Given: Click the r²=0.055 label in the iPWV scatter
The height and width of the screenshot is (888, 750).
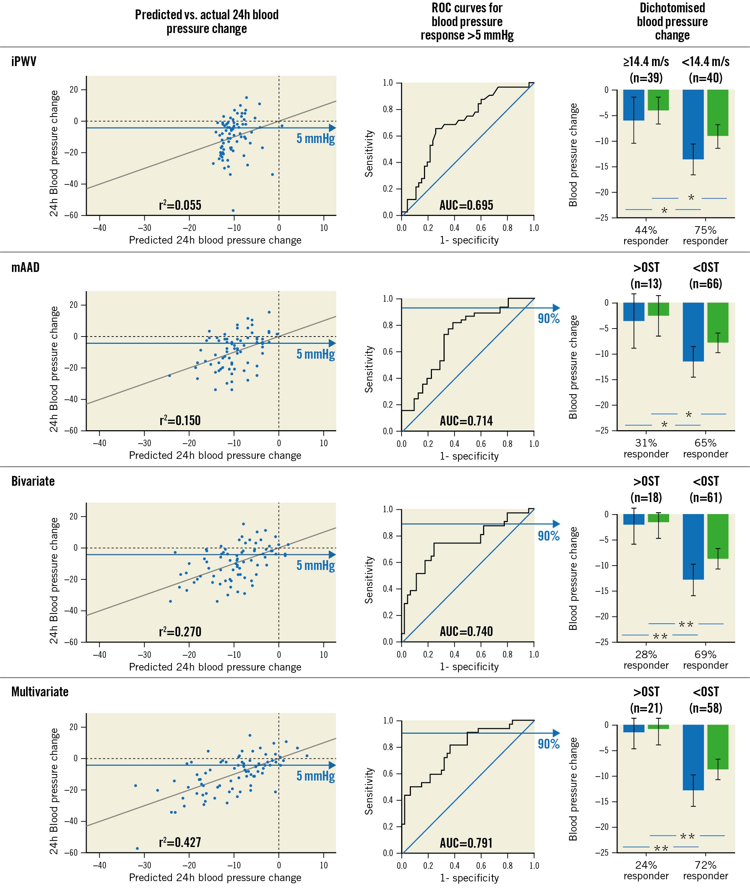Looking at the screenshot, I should [x=180, y=205].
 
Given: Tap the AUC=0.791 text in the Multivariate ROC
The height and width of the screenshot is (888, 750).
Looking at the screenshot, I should [x=466, y=843].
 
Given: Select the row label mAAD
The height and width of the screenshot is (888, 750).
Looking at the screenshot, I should [x=25, y=267].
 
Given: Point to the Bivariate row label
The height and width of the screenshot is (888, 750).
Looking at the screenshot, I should [x=33, y=481].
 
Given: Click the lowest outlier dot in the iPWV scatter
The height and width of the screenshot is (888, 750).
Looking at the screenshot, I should [x=233, y=211].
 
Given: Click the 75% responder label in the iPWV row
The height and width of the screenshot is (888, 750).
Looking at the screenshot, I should [x=705, y=235].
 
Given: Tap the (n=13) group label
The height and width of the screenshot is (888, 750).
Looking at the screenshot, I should [x=646, y=284].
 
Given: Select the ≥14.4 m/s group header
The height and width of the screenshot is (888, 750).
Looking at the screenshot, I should [x=646, y=62].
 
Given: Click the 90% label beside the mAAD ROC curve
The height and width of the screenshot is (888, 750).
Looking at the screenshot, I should [x=548, y=319].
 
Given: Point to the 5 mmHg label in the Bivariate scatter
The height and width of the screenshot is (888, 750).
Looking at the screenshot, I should [x=316, y=566].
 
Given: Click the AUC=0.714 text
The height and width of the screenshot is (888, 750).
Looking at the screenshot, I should [x=466, y=421].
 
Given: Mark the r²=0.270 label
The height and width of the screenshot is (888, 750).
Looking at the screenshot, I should [x=180, y=631].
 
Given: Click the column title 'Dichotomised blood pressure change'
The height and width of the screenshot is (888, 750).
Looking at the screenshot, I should [x=672, y=21].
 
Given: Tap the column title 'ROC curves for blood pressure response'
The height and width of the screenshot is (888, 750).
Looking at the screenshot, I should [x=467, y=21].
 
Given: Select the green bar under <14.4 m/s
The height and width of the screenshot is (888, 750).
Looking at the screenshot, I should [x=718, y=113].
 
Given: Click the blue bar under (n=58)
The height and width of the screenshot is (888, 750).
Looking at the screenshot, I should [x=693, y=757].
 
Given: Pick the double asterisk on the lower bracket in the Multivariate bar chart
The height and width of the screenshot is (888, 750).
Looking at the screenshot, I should [x=661, y=849].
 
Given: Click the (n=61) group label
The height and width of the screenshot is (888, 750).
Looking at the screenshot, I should [x=706, y=497].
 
